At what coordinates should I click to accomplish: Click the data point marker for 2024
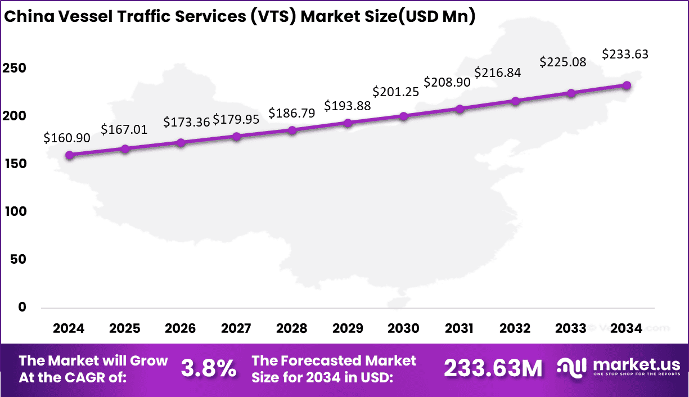click(x=69, y=155)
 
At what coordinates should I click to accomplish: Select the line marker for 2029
click(x=348, y=123)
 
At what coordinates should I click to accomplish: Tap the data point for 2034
click(x=627, y=85)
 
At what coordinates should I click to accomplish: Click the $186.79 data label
click(x=291, y=113)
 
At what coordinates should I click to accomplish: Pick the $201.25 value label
click(x=396, y=92)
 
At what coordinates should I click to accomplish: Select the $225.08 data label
click(x=563, y=61)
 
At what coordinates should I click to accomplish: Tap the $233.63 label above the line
click(x=625, y=54)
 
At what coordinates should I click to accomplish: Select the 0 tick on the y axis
click(x=21, y=307)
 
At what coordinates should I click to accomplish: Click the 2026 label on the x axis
click(x=181, y=328)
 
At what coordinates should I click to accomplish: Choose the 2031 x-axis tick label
click(x=459, y=328)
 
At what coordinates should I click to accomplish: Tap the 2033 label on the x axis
click(x=570, y=328)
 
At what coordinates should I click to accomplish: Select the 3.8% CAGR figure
click(x=208, y=369)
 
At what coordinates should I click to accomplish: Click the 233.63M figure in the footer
click(x=493, y=369)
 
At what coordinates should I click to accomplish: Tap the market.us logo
click(x=619, y=368)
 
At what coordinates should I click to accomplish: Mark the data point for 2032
click(x=515, y=101)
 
